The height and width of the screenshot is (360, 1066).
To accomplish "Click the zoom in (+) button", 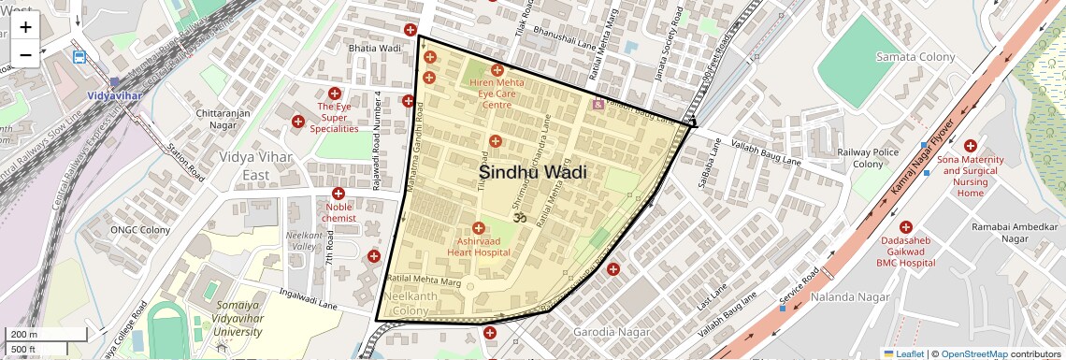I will click(x=25, y=26).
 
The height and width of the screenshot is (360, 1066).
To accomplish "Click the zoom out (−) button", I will click(x=25, y=54).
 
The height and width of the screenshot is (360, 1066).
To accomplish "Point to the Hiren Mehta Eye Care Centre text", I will click(x=497, y=94).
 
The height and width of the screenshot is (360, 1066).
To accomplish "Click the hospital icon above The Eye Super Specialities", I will click(x=335, y=94).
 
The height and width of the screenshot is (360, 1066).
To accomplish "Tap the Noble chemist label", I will click(x=339, y=211).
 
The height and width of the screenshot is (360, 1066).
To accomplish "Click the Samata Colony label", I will click(x=915, y=57).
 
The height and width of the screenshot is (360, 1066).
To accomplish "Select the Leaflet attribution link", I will click(x=903, y=353).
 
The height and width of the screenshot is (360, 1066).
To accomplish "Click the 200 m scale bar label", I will click(x=23, y=335).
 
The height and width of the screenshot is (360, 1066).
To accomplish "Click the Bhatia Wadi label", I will click(x=374, y=49).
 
